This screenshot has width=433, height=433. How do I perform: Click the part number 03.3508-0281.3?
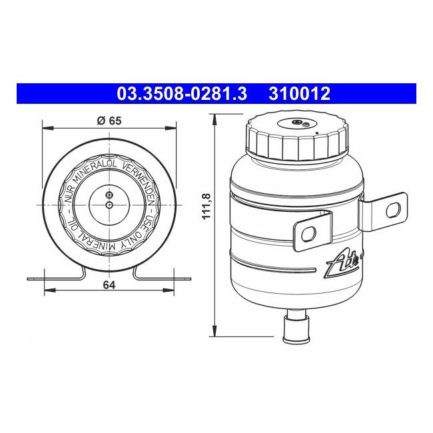click(x=182, y=94)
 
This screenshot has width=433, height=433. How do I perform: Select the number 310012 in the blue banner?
click(x=299, y=94)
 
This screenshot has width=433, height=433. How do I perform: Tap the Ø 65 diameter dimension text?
click(x=109, y=121)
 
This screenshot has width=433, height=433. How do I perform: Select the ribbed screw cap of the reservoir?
click(x=296, y=138)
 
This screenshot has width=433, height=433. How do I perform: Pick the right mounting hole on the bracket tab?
click(x=394, y=209)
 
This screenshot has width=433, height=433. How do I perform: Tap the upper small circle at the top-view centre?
click(x=109, y=195)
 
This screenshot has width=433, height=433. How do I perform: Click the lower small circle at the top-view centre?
click(x=109, y=206)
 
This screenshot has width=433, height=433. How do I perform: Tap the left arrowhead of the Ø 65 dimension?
click(x=45, y=127)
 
